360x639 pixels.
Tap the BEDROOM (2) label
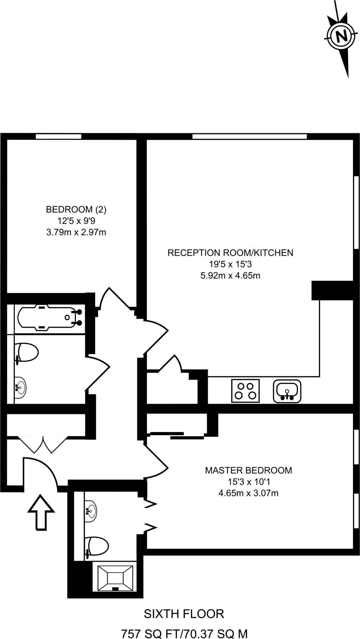coord(76,209)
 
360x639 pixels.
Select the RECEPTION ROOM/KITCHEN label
coord(230,252)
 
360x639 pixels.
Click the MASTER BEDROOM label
coord(248,470)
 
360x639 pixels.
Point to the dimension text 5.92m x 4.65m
coord(230,276)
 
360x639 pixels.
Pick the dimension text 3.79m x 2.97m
coord(76,232)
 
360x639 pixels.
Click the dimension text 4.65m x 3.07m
coord(248,493)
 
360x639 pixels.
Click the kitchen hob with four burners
coord(245,391)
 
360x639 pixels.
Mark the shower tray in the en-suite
coord(115,578)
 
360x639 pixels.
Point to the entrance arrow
coord(41,511)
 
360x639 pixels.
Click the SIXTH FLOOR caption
coord(184,614)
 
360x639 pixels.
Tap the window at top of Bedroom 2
coord(58,136)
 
